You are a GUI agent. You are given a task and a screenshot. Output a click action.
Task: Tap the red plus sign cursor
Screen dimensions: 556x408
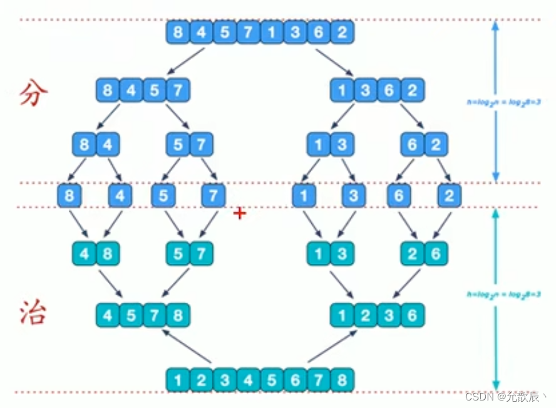pyautogui.click(x=239, y=214)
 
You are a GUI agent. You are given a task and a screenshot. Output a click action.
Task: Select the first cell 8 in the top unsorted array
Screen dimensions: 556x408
pyautogui.click(x=178, y=32)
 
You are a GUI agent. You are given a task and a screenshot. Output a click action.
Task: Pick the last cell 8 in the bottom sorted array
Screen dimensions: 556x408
pyautogui.click(x=341, y=380)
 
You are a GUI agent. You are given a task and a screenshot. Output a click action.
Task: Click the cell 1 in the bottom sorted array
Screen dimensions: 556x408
pyautogui.click(x=178, y=380)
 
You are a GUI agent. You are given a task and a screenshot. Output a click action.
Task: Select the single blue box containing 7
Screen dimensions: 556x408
pyautogui.click(x=213, y=196)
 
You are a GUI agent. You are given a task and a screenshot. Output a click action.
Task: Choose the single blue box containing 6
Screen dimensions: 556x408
pyautogui.click(x=398, y=196)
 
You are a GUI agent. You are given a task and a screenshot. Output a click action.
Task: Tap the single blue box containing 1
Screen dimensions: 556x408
pyautogui.click(x=304, y=196)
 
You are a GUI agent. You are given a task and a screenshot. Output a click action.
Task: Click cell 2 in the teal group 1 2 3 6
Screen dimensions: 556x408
pyautogui.click(x=365, y=315)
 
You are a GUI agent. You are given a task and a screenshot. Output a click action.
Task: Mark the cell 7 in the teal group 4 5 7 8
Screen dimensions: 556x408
pyautogui.click(x=155, y=315)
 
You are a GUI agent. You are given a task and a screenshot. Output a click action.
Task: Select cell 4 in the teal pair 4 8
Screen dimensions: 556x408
pyautogui.click(x=85, y=254)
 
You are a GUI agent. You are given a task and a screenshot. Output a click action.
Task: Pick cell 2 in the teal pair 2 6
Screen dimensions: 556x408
pyautogui.click(x=413, y=254)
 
